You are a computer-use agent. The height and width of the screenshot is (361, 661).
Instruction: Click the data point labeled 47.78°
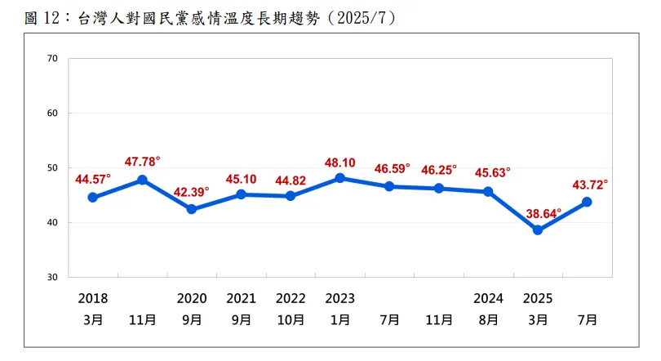(x=142, y=180)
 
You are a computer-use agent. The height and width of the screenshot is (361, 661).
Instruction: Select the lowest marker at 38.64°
(x=538, y=230)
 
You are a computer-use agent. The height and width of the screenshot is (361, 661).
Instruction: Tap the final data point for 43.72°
(x=587, y=202)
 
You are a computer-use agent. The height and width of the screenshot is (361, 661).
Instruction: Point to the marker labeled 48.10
(x=339, y=178)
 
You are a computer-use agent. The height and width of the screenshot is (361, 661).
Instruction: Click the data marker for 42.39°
(x=192, y=209)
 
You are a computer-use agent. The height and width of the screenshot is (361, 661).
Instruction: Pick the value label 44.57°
(x=93, y=179)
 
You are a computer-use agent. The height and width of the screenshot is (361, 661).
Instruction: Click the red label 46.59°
(x=393, y=167)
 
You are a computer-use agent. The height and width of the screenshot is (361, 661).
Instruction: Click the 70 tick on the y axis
(x=53, y=59)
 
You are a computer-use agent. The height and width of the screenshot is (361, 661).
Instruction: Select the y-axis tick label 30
(x=53, y=278)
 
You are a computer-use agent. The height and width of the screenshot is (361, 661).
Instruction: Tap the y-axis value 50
(x=53, y=168)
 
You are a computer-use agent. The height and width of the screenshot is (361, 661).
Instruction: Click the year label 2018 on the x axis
(x=93, y=299)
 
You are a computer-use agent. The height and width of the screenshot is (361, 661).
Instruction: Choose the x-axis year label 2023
(x=339, y=299)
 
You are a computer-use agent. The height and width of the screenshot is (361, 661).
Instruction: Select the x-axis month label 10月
(x=291, y=319)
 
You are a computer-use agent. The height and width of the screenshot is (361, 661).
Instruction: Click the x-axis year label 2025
(x=538, y=299)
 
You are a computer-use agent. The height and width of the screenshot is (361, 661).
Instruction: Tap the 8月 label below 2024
(x=488, y=319)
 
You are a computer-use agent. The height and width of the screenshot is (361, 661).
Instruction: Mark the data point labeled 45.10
(x=241, y=194)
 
